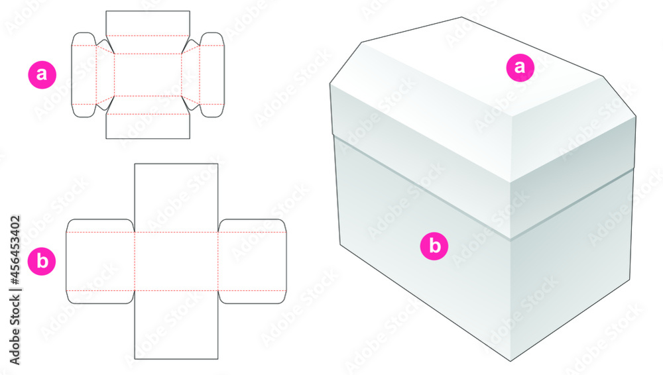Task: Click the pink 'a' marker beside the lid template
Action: click(x=42, y=74)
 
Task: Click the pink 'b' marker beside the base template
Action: click(x=42, y=261)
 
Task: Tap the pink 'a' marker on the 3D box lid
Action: click(x=520, y=67)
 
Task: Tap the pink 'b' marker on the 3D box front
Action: click(x=435, y=246)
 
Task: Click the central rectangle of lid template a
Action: click(x=148, y=75)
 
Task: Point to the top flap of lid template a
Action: click(x=148, y=23)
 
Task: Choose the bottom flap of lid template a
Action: click(x=148, y=126)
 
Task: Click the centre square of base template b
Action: click(x=176, y=262)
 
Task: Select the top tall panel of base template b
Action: click(x=176, y=197)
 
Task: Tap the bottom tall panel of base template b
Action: click(x=176, y=325)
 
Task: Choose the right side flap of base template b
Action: click(x=252, y=262)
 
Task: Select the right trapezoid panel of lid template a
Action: click(x=190, y=75)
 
